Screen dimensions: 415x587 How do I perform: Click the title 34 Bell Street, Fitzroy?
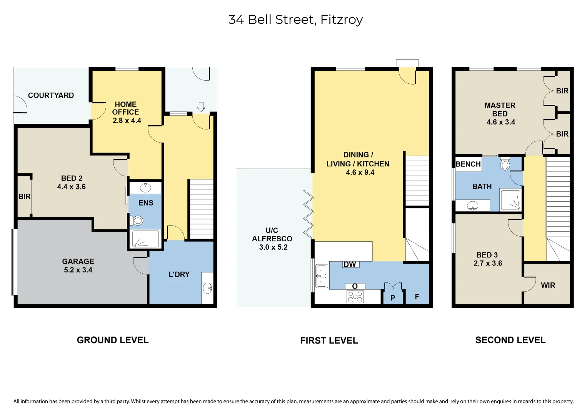pos(295,20)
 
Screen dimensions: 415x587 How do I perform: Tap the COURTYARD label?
pos(51,95)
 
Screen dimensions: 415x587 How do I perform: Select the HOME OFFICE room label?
pos(126,108)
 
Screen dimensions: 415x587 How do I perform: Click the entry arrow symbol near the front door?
pos(201,106)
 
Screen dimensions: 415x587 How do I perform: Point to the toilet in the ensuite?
pos(137,221)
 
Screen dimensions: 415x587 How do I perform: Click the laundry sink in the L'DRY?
pos(208,287)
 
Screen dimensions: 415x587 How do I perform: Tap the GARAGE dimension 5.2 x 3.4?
pos(78,270)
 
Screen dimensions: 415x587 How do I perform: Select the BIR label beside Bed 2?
pos(24,196)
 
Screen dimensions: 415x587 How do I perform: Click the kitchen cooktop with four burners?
pos(355,297)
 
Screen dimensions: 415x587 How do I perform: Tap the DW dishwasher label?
pos(350,264)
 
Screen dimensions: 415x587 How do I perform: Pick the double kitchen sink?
pos(321,276)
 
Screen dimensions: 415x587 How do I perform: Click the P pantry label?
pos(393,298)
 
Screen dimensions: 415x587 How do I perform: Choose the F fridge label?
pos(417,297)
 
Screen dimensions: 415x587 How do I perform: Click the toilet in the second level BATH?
pos(505,164)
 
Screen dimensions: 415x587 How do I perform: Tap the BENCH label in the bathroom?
pos(468,164)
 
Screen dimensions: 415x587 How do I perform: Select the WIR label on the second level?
pos(548,285)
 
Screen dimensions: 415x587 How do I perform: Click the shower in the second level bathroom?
pos(510,200)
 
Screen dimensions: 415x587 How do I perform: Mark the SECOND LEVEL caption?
pos(510,340)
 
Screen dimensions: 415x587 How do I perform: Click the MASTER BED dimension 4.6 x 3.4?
pos(500,122)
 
